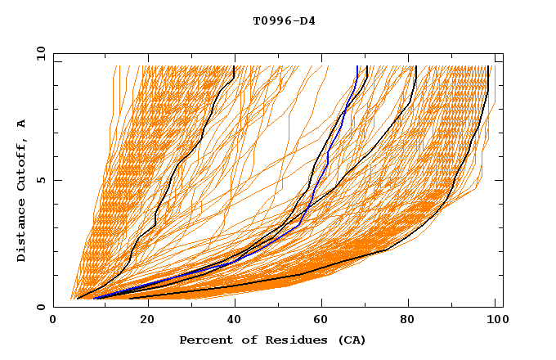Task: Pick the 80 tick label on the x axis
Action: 414,320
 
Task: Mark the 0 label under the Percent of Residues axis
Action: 53,320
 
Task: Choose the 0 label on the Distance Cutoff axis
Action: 39,307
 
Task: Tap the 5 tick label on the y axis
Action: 39,180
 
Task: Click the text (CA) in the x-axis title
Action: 352,340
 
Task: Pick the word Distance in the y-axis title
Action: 22,232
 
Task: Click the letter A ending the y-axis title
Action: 22,124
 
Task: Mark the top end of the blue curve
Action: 357,66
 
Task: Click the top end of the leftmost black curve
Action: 235,66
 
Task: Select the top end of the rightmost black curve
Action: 488,66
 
